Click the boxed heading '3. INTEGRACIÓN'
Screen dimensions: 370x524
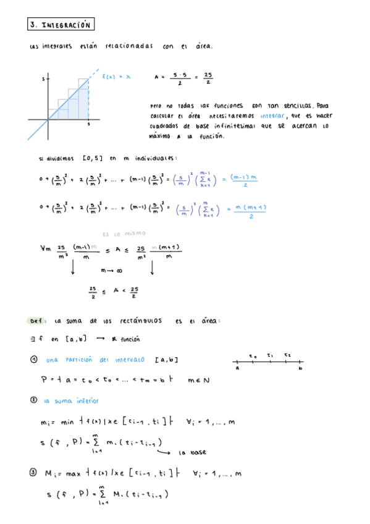60,25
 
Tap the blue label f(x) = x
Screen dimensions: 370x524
117,77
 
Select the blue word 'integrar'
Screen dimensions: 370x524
272,116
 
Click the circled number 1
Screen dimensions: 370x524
33,360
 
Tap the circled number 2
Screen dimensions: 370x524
33,400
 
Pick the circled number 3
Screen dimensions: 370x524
33,474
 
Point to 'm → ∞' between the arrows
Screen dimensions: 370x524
111,270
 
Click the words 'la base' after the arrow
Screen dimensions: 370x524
191,452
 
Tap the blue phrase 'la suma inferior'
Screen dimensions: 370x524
67,401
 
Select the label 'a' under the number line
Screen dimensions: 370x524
237,369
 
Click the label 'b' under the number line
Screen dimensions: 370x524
300,369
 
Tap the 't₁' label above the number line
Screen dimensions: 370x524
270,355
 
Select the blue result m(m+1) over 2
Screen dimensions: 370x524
250,211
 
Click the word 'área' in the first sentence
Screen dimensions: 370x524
203,47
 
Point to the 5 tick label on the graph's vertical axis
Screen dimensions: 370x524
43,79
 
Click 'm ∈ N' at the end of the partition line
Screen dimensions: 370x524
198,381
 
